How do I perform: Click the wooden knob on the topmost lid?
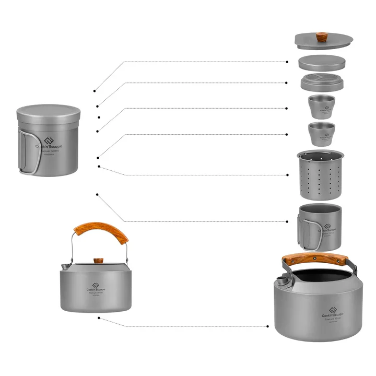[x=321, y=38]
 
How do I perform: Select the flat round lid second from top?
[x=322, y=62]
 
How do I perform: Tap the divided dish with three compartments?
[x=321, y=83]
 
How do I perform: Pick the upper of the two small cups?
[x=321, y=107]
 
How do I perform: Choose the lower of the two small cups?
[x=321, y=134]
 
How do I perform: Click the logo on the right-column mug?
[x=327, y=226]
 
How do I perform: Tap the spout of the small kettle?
[x=63, y=267]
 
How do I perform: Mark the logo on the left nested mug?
[x=50, y=142]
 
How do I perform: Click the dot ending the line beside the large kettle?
[x=268, y=326]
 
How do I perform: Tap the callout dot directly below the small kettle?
[x=99, y=317]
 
